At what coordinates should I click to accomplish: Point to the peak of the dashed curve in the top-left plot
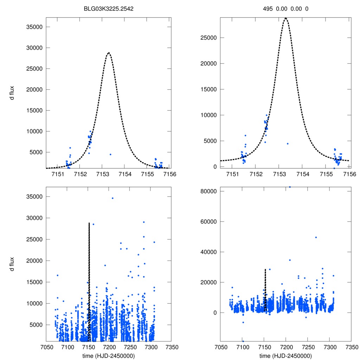click(x=109, y=53)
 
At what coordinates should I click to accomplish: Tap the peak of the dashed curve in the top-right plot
click(x=286, y=18)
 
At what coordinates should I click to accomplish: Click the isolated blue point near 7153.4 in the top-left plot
click(x=110, y=154)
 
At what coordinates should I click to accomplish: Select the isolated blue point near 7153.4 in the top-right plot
click(x=288, y=143)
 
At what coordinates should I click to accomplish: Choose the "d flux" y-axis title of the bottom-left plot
click(x=12, y=264)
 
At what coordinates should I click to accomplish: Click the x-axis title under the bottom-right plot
click(x=286, y=356)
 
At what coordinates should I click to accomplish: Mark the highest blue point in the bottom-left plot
click(x=112, y=198)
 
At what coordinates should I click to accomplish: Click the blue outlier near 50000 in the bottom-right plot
click(x=316, y=237)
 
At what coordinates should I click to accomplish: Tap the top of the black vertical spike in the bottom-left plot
click(x=89, y=223)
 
